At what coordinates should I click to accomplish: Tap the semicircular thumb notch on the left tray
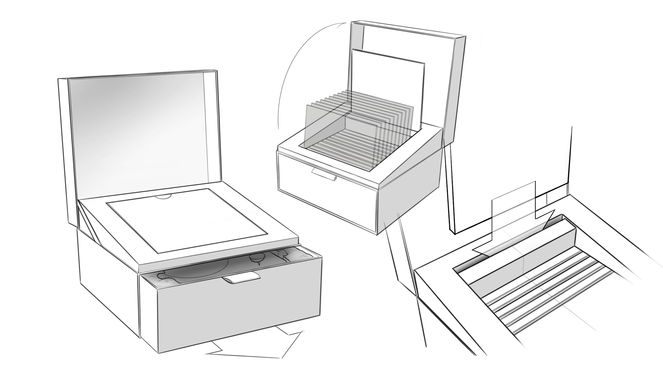click(163, 197)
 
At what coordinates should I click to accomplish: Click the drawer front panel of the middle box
click(326, 193)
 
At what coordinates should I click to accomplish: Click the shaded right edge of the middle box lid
click(455, 93)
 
